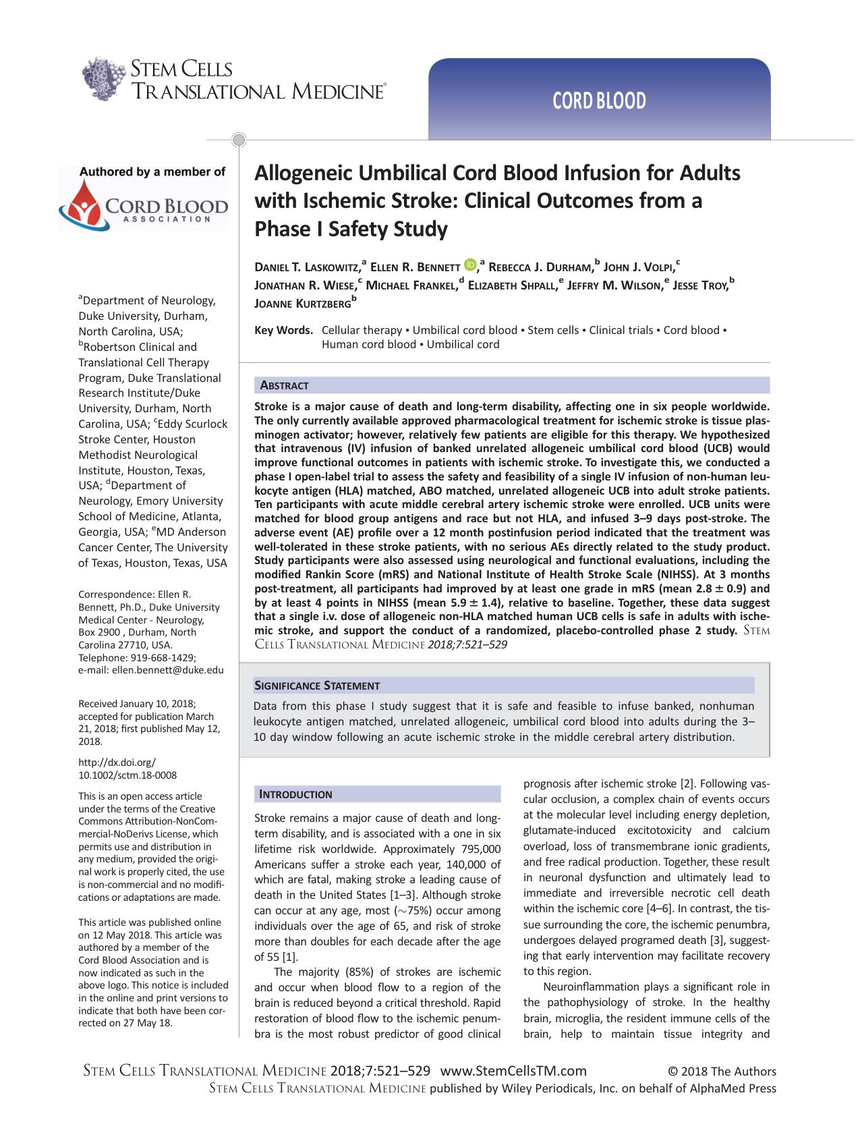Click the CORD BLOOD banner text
[x=599, y=101]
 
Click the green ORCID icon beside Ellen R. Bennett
[x=470, y=265]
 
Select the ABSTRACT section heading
[x=284, y=386]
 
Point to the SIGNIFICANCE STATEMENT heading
[x=316, y=686]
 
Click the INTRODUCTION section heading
[x=295, y=795]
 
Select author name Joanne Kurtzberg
[x=302, y=304]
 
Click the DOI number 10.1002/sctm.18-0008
[x=127, y=775]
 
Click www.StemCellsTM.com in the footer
[x=513, y=1071]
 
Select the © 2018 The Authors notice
[x=722, y=1072]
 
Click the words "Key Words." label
[x=283, y=331]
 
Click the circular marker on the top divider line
[x=238, y=140]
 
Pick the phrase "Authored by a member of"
[x=152, y=172]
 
